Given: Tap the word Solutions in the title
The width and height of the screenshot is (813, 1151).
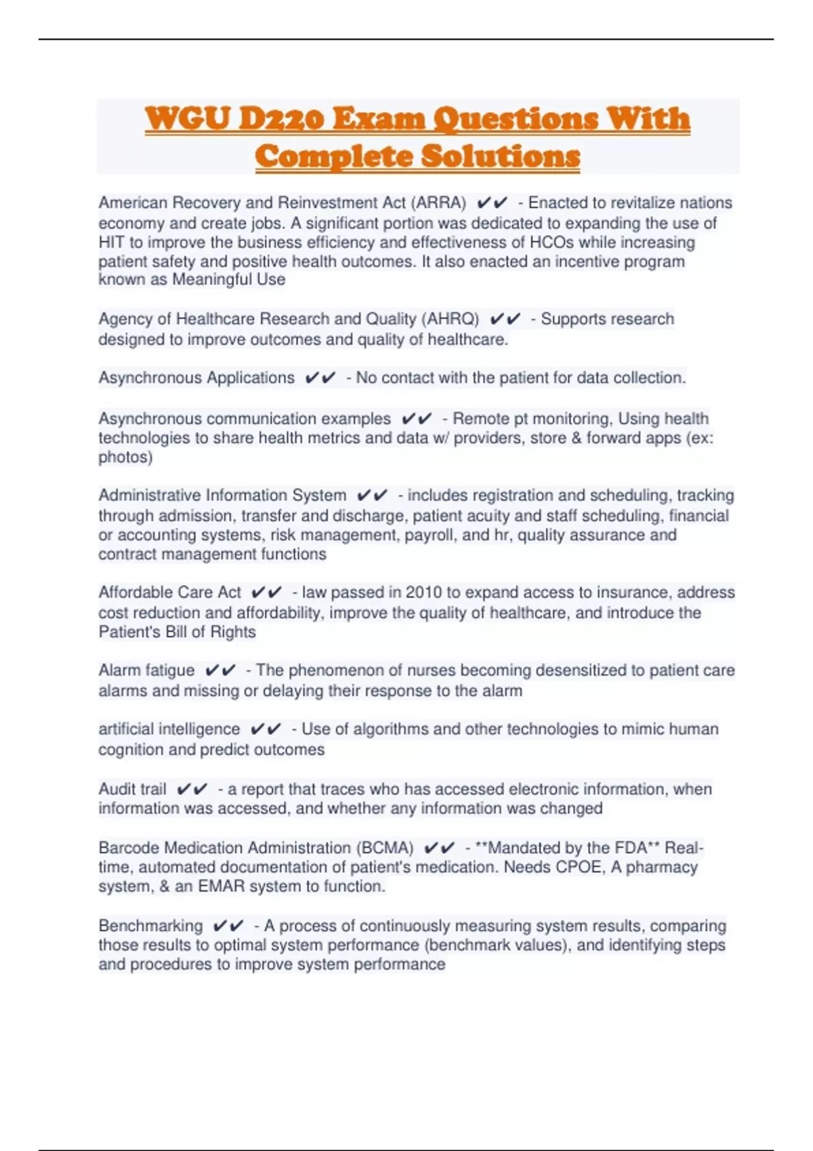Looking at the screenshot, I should (500, 156).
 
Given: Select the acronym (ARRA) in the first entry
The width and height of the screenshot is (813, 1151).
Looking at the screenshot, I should (438, 202).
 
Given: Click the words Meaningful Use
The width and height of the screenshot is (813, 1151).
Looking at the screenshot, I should (228, 280).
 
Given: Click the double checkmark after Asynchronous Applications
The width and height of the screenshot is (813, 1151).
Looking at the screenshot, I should (320, 378).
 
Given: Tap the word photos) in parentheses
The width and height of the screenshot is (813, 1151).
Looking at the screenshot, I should (125, 457).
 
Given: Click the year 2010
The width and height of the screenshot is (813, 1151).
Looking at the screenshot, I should (423, 592).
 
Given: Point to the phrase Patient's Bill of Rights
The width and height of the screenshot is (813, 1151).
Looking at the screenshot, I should (177, 632).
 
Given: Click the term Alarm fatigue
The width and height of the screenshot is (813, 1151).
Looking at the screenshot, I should (146, 670).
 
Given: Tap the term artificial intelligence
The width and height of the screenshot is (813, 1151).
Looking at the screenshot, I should (169, 729).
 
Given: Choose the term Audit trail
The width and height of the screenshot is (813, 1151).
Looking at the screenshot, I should (132, 789).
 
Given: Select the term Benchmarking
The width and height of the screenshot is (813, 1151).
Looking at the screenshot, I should (150, 926).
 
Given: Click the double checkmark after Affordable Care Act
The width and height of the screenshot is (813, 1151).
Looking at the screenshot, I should (266, 592).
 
